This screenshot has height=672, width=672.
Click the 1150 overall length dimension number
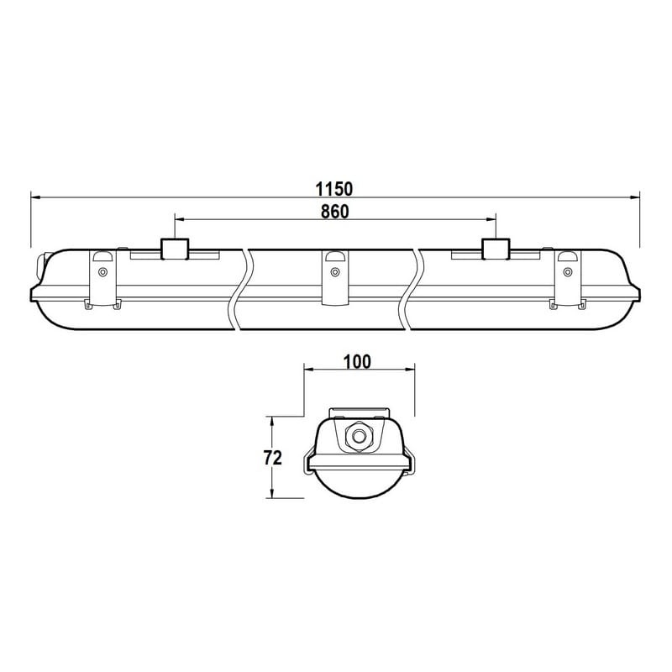[333, 188]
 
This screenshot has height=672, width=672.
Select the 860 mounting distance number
[334, 212]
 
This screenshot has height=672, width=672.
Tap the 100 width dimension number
[357, 362]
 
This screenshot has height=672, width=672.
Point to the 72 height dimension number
[272, 458]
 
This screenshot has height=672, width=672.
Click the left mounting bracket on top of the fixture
[175, 249]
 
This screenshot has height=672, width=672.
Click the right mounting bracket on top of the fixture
[496, 249]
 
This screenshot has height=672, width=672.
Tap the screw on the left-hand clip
[102, 271]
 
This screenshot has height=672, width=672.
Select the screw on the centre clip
[334, 271]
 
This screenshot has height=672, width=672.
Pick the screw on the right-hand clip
[568, 271]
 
